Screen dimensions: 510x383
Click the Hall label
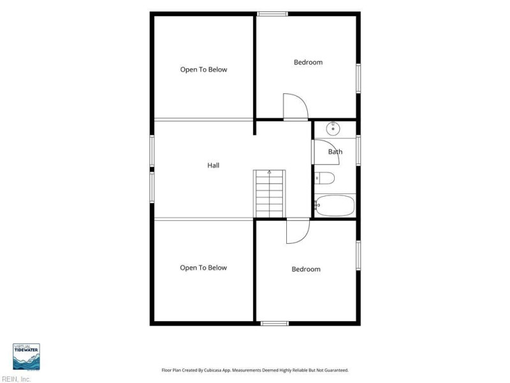coord(214,165)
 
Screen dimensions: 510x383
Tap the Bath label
coord(335,152)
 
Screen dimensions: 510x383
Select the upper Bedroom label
coord(308,62)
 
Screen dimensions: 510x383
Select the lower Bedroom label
coord(306,269)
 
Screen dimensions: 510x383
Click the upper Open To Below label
coord(203,70)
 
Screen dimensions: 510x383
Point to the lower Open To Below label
coord(203,267)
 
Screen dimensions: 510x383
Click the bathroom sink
coord(333,128)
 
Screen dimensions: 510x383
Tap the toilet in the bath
coord(324,178)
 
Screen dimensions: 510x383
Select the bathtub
coord(335,206)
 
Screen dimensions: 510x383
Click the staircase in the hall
coord(269,194)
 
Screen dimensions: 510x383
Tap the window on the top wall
coord(272,14)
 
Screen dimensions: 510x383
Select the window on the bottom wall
coord(275,324)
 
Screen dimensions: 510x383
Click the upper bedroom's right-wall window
coord(358,79)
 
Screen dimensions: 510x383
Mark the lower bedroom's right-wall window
coord(358,255)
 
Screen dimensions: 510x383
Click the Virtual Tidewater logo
coord(26,357)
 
